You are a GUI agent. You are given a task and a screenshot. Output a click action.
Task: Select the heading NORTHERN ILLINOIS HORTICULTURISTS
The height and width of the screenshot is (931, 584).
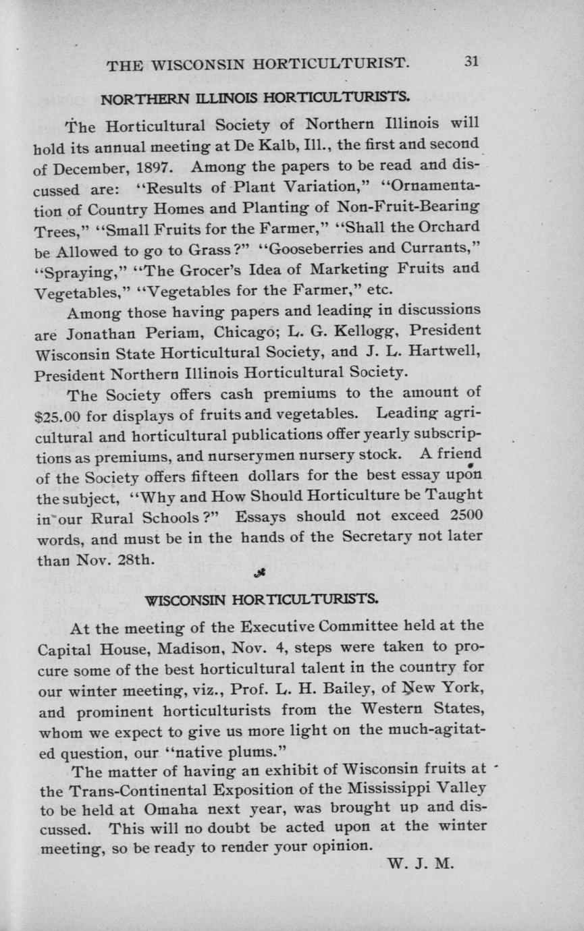[x=256, y=99]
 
